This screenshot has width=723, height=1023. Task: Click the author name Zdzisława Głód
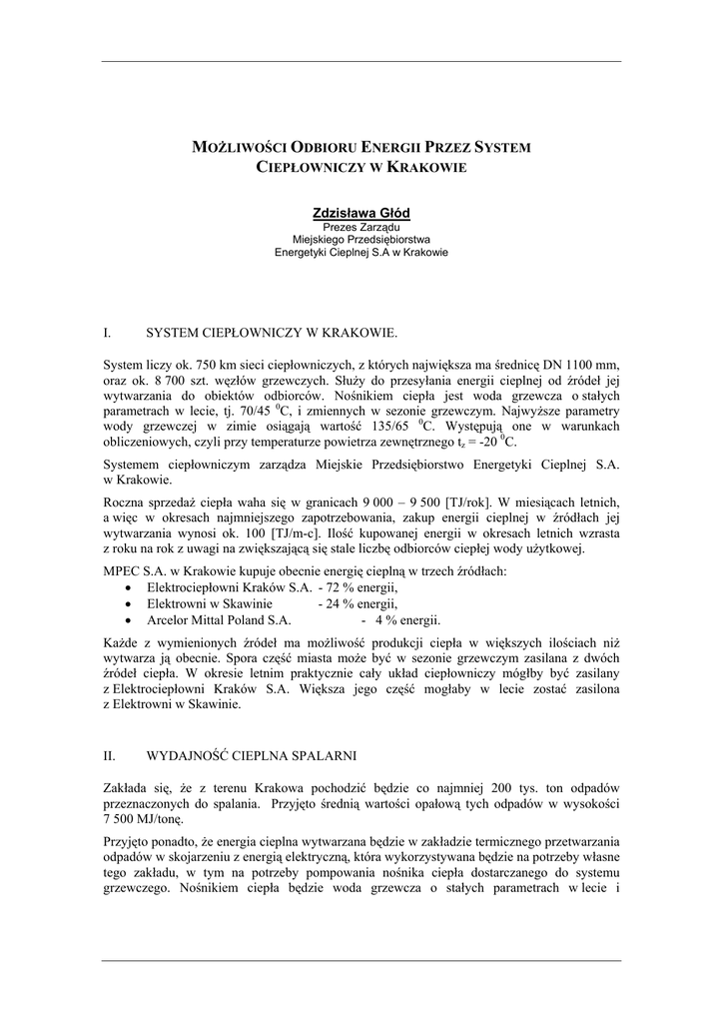point(361,213)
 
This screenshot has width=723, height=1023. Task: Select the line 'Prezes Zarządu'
point(361,228)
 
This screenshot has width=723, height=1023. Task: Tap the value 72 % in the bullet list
point(337,587)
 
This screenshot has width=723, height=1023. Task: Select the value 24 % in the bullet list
point(337,603)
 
